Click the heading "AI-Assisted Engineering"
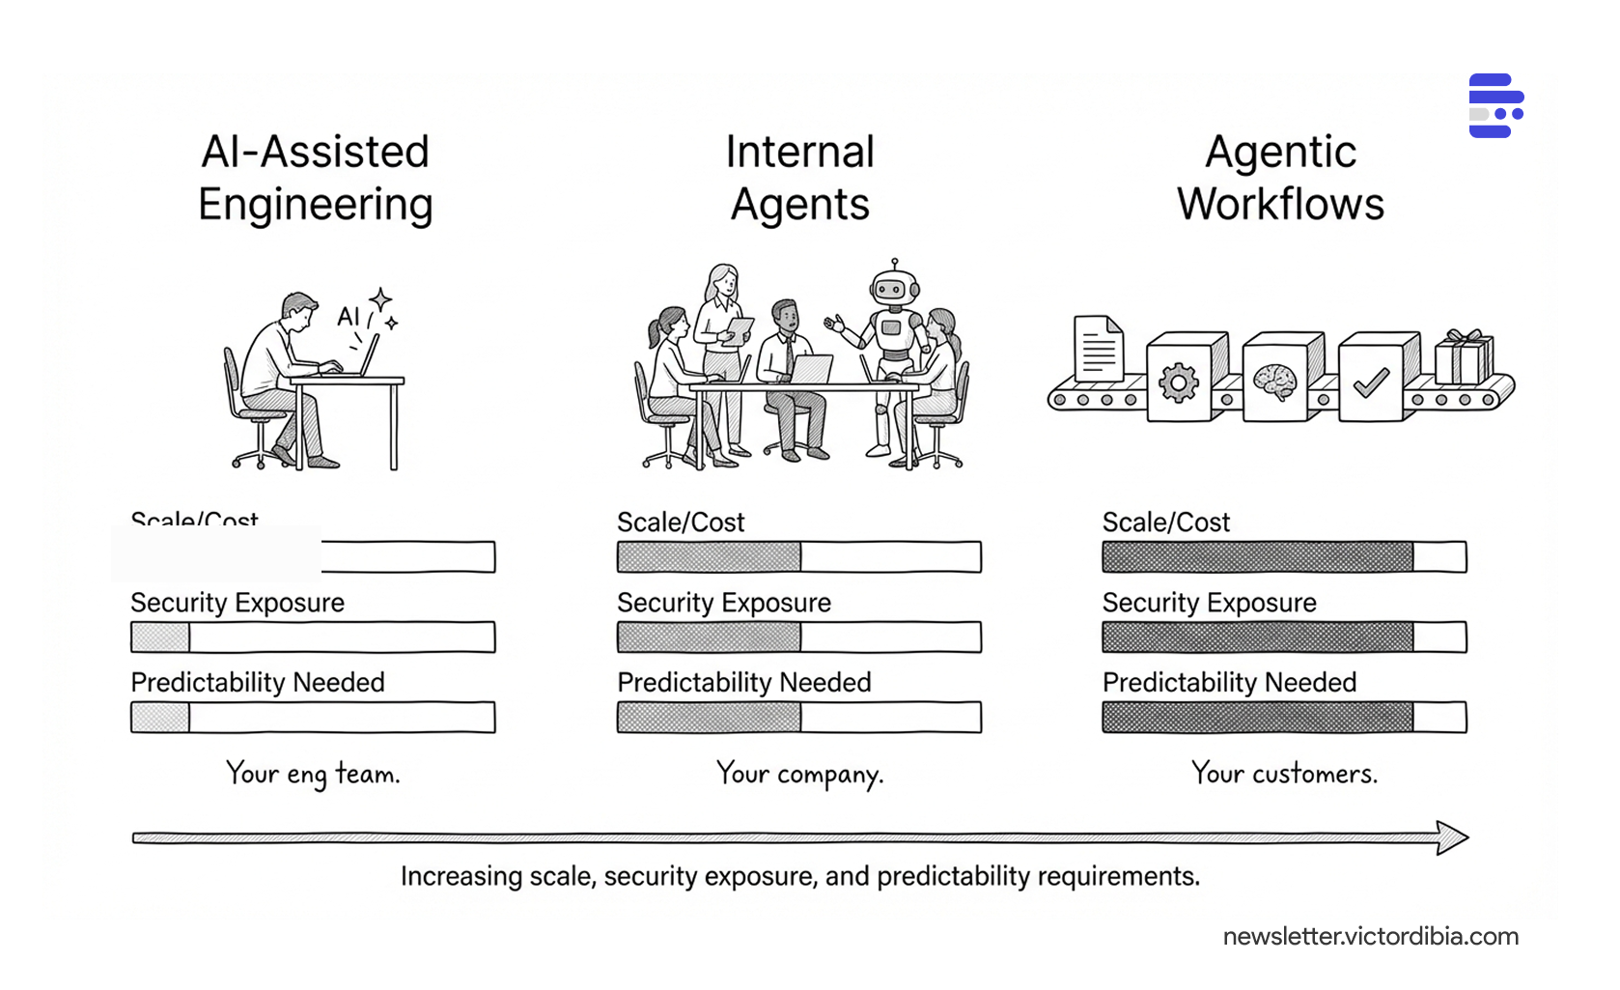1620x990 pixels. tap(315, 178)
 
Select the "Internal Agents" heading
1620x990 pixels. tap(799, 178)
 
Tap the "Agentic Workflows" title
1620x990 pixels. tap(1280, 178)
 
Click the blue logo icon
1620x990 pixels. tap(1495, 106)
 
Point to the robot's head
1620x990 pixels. tap(894, 288)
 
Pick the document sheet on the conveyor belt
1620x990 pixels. tap(1099, 350)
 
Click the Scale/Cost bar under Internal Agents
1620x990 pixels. tap(799, 557)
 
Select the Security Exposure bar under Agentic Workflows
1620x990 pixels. tap(1284, 637)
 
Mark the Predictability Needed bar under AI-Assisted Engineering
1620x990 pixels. tap(313, 718)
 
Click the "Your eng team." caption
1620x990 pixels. tap(313, 774)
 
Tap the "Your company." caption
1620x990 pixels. tap(799, 774)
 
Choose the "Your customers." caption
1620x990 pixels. tap(1284, 774)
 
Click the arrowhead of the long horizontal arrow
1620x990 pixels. tap(1452, 837)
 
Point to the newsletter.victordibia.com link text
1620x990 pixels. tap(1370, 937)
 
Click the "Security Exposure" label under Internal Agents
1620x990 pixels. tap(724, 603)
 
